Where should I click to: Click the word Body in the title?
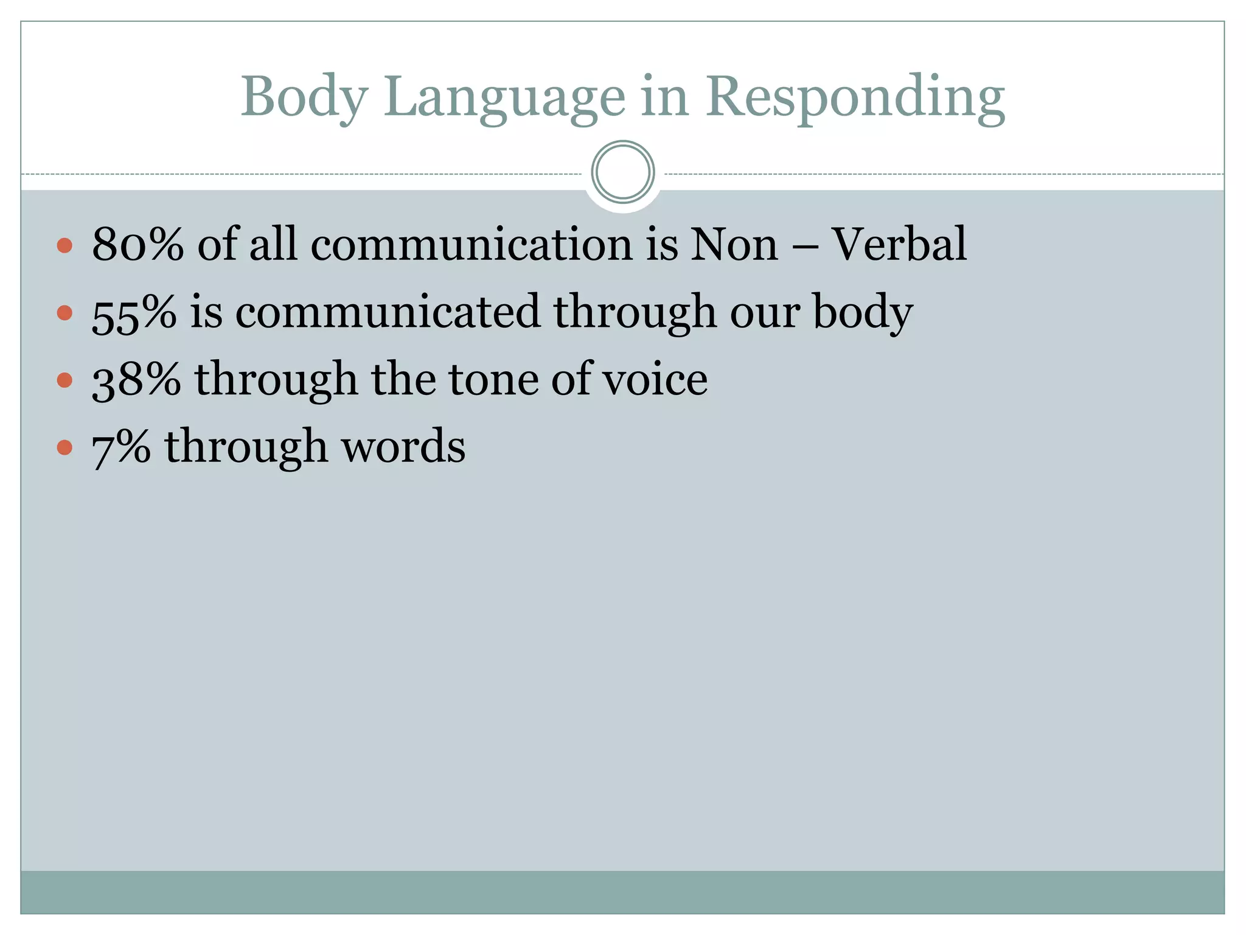click(304, 97)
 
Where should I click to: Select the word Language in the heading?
click(504, 97)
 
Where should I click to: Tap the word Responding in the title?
click(855, 97)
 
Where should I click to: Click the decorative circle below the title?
click(623, 172)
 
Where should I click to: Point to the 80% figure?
click(137, 244)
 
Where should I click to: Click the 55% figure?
click(134, 312)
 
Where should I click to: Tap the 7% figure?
click(121, 447)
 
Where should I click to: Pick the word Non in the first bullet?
click(734, 244)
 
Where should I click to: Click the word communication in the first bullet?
click(472, 244)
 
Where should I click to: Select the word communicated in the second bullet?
click(388, 312)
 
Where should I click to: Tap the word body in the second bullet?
click(863, 312)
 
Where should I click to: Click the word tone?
click(493, 379)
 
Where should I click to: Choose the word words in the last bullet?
click(403, 447)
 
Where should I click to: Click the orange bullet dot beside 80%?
click(64, 245)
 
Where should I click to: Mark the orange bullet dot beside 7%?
click(64, 448)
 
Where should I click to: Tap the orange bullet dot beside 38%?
click(64, 380)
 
